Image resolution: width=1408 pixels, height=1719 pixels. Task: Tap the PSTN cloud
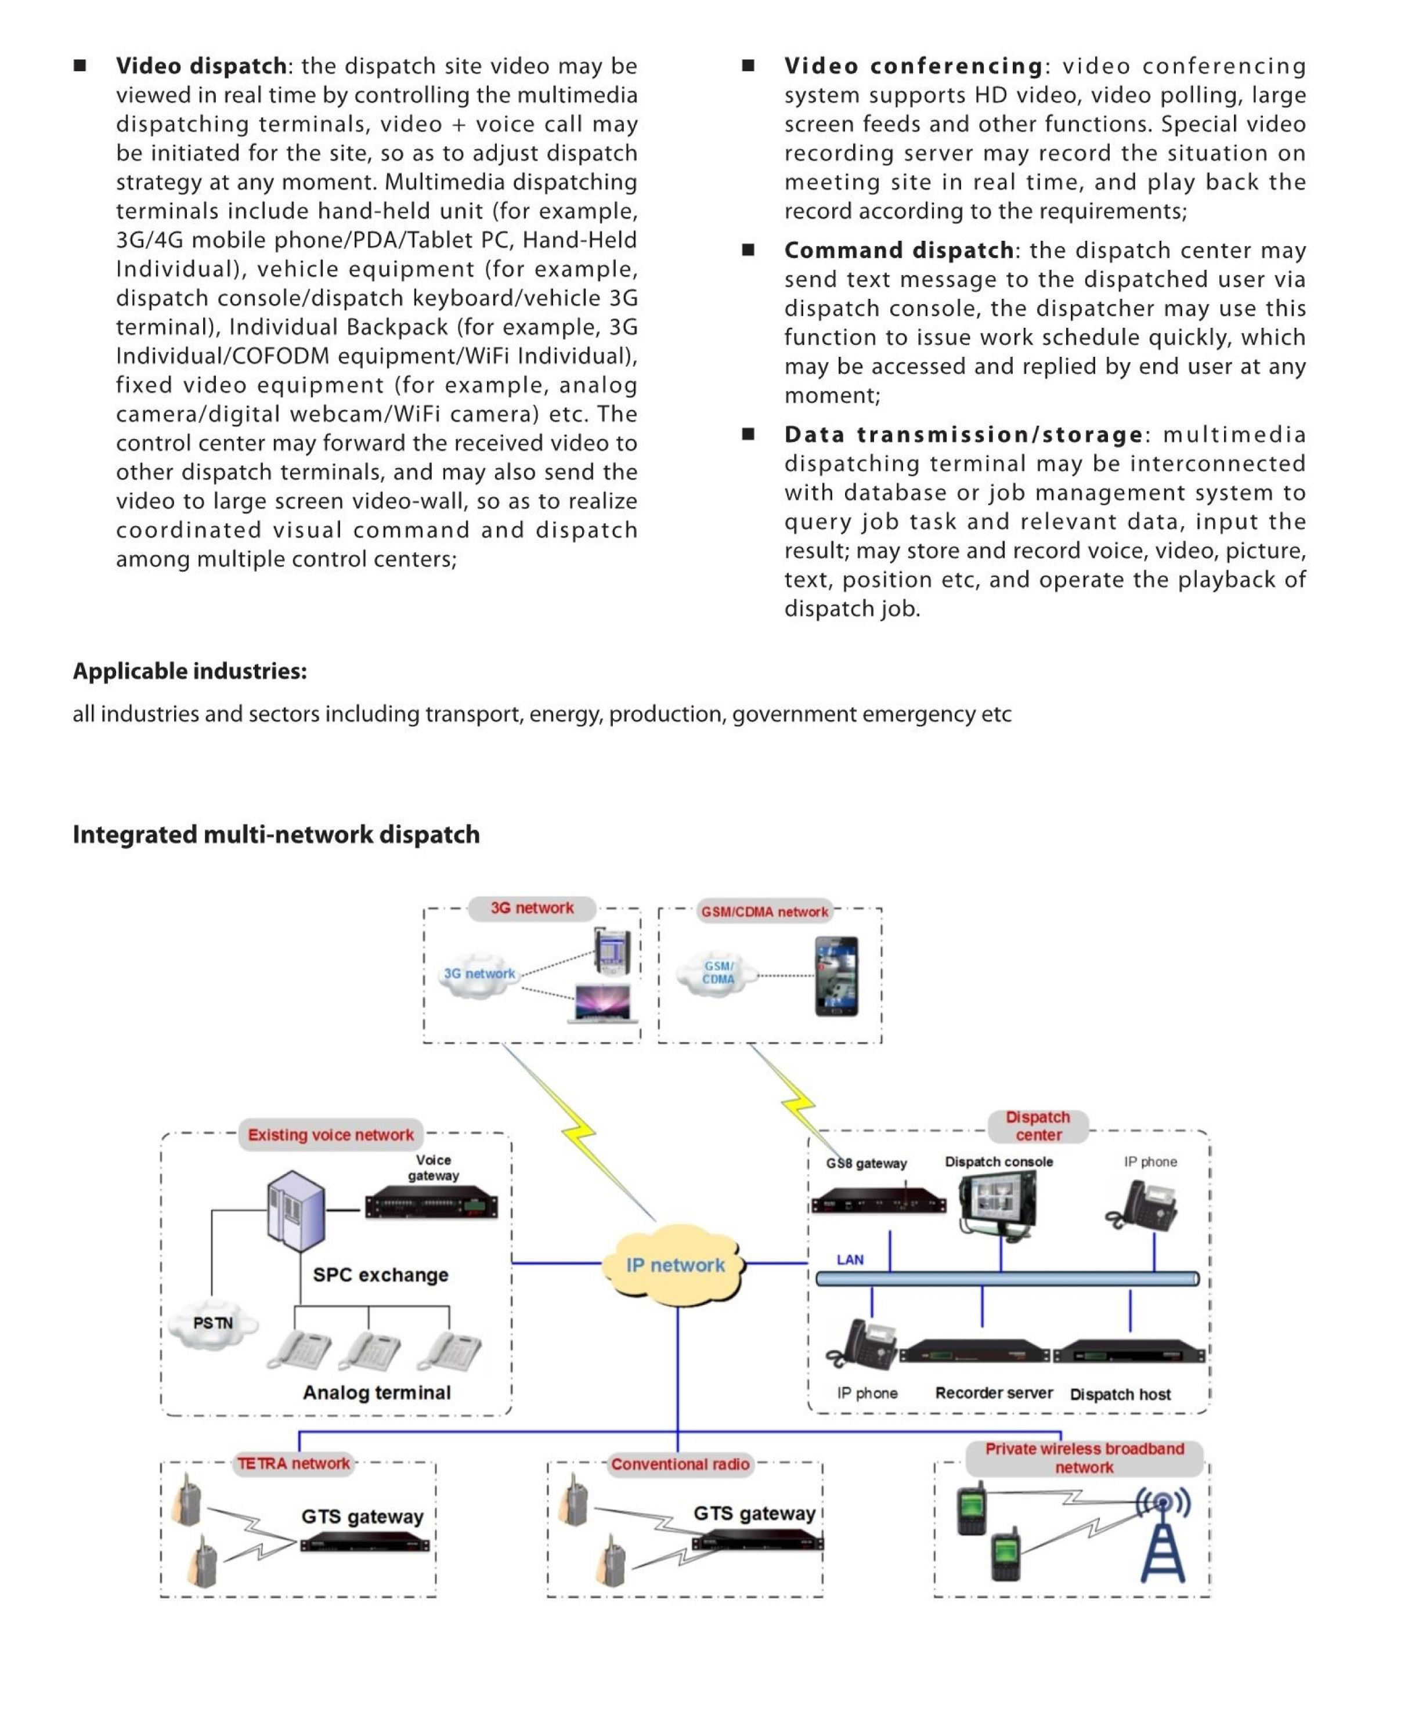[212, 1323]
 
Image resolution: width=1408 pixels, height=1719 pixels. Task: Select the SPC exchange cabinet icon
[297, 1211]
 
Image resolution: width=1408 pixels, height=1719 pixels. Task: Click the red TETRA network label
[294, 1464]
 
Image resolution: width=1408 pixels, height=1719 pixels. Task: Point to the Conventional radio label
[680, 1464]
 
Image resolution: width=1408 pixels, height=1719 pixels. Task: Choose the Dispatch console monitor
[998, 1204]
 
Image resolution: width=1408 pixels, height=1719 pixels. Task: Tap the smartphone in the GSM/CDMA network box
[836, 976]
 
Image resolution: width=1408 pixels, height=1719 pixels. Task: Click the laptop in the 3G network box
[602, 1004]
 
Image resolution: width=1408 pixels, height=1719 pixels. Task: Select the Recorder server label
[994, 1393]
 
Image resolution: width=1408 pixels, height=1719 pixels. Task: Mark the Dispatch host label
[1120, 1395]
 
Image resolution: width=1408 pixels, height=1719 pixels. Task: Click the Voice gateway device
[431, 1206]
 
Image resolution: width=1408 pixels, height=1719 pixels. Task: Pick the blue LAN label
[850, 1260]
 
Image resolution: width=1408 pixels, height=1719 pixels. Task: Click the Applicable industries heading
[190, 671]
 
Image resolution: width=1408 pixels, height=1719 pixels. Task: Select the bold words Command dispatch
[898, 251]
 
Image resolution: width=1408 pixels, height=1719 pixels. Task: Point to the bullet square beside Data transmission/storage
[748, 435]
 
